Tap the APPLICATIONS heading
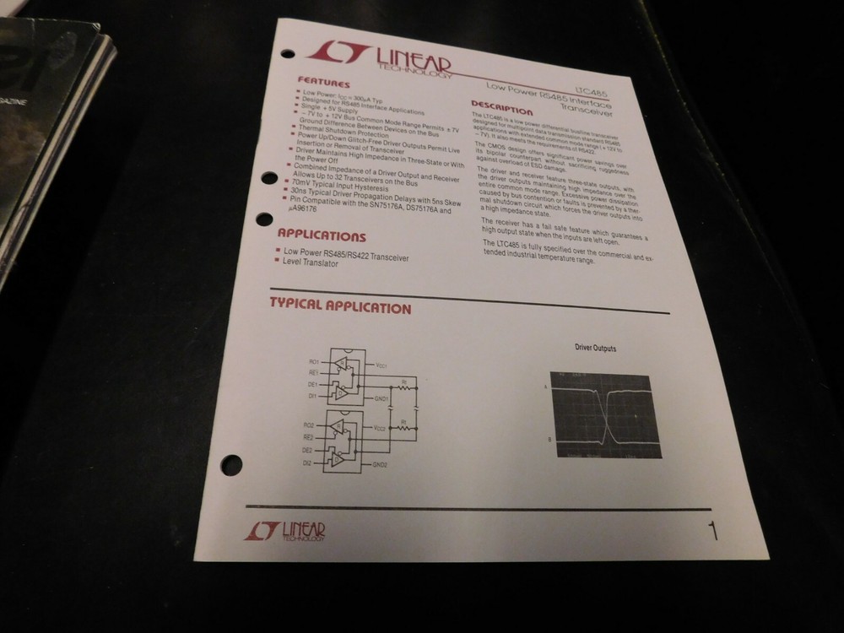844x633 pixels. (322, 235)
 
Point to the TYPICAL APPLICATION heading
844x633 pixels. (340, 307)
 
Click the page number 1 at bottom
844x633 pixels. (713, 532)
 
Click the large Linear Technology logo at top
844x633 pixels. (379, 57)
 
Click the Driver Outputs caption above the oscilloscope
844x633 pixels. (596, 348)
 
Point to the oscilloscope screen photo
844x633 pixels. (604, 414)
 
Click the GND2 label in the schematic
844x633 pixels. (380, 464)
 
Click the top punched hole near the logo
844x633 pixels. (287, 54)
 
